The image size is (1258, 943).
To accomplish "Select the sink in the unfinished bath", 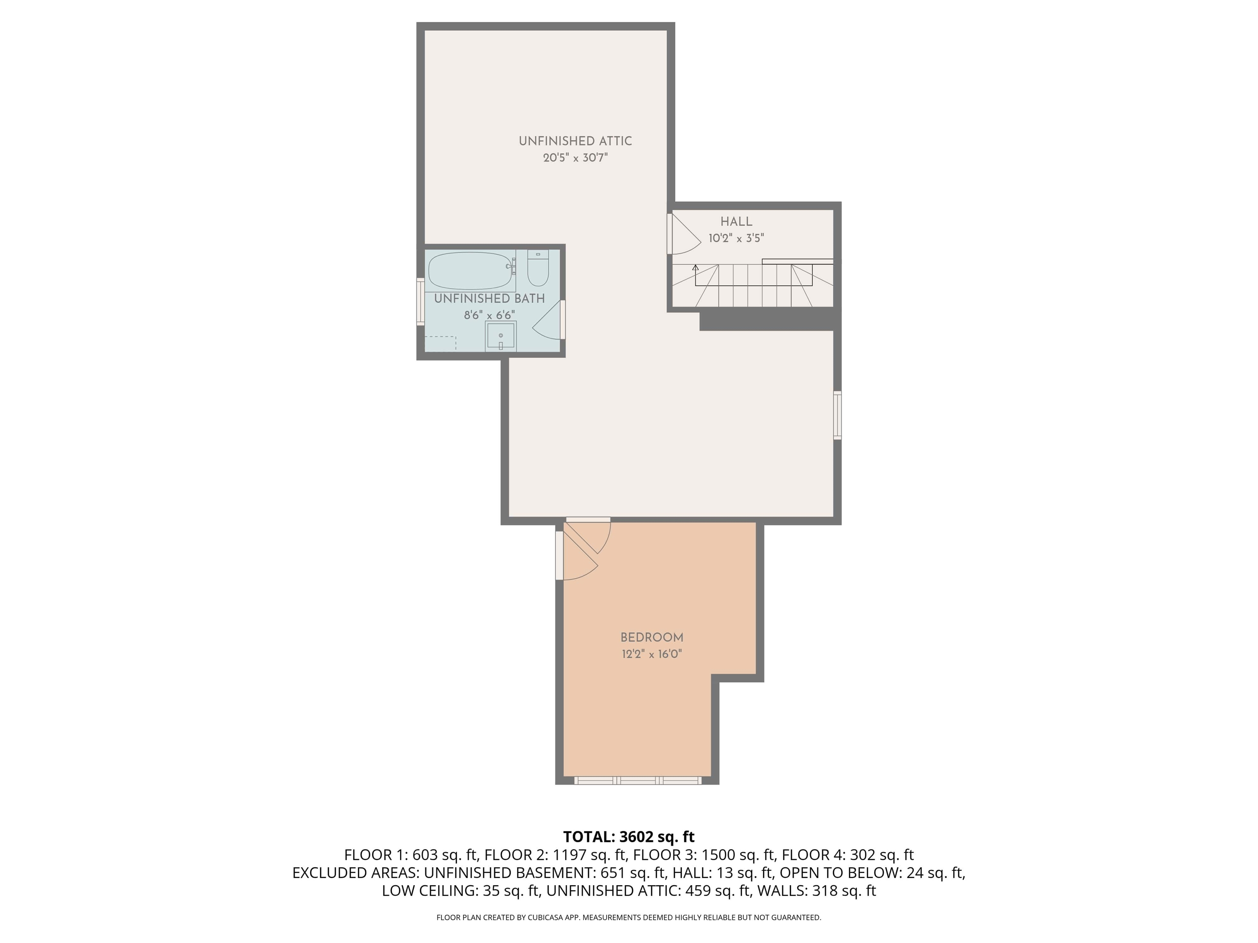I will click(500, 336).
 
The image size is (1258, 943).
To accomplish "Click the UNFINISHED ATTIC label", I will click(575, 141).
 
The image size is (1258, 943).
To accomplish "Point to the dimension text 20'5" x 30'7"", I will click(575, 158).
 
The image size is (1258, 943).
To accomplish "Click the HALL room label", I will click(736, 222).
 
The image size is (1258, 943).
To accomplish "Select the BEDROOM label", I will click(652, 638).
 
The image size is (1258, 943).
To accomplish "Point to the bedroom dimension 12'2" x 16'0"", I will click(652, 654).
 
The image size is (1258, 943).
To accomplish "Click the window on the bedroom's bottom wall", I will click(638, 781).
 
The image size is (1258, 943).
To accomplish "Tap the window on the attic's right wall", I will click(837, 415).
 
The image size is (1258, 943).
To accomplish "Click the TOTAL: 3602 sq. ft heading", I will click(629, 837).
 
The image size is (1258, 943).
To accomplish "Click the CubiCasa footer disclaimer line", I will click(629, 918).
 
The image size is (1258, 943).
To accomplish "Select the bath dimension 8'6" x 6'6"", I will click(489, 315).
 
